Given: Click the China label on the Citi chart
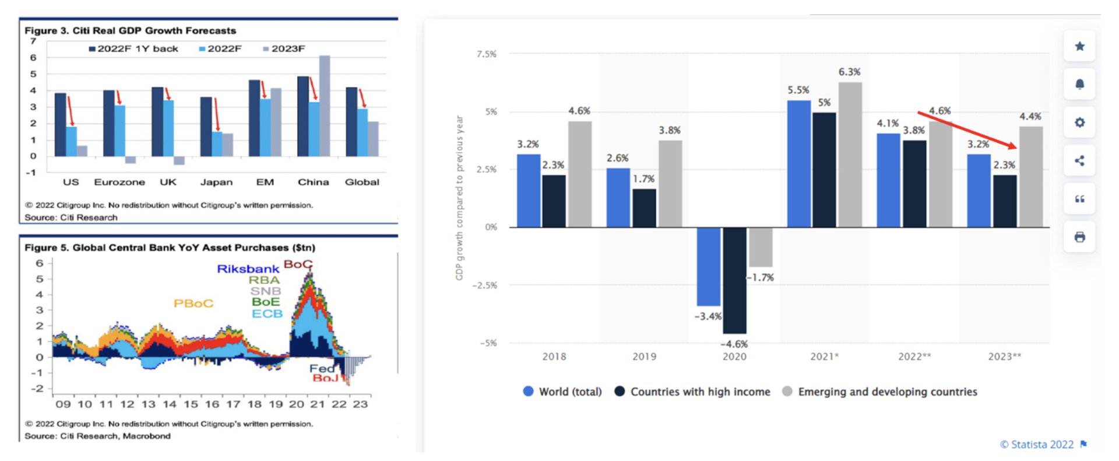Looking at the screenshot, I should pyautogui.click(x=313, y=182).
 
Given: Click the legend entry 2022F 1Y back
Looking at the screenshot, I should pyautogui.click(x=133, y=49).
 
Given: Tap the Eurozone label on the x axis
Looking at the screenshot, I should pyautogui.click(x=119, y=182).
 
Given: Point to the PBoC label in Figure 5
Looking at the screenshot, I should pyautogui.click(x=193, y=303).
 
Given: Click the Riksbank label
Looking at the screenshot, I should pyautogui.click(x=248, y=269).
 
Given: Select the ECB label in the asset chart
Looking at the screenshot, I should pyautogui.click(x=267, y=314).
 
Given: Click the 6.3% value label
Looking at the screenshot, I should pyautogui.click(x=849, y=72).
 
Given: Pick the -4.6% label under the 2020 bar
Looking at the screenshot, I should pyautogui.click(x=734, y=344).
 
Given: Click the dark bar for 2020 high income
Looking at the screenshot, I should pyautogui.click(x=734, y=280).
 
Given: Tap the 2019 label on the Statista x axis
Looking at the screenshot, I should pyautogui.click(x=644, y=356).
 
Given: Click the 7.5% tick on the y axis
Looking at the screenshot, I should pyautogui.click(x=486, y=54).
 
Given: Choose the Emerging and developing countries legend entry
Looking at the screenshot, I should pyautogui.click(x=879, y=392).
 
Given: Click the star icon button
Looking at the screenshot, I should pyautogui.click(x=1079, y=47).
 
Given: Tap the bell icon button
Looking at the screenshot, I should pyautogui.click(x=1079, y=85).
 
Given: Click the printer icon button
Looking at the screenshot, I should pyautogui.click(x=1079, y=237).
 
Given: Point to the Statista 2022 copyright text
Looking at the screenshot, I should pyautogui.click(x=1037, y=445).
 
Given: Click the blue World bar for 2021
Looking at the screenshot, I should pyautogui.click(x=798, y=163).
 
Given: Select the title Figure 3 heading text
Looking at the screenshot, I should pyautogui.click(x=130, y=30).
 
